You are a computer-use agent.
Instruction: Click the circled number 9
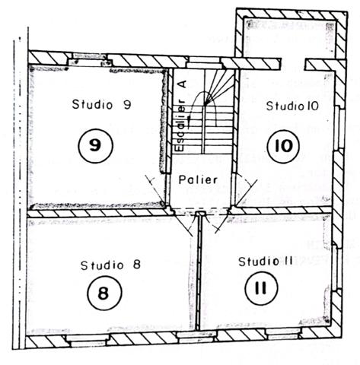96,146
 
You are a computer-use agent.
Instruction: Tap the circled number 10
283,147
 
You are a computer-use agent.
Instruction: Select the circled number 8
104,293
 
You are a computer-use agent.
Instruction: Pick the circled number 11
262,288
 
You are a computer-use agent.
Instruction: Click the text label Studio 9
101,104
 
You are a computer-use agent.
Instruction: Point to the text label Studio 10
292,106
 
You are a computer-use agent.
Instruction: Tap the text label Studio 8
110,265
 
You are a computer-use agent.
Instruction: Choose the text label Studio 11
266,262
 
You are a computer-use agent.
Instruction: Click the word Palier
198,179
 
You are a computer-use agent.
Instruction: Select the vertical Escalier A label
182,116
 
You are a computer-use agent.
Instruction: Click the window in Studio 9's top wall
90,59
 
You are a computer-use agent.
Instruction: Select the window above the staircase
205,62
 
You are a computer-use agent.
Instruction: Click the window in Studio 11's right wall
336,268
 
